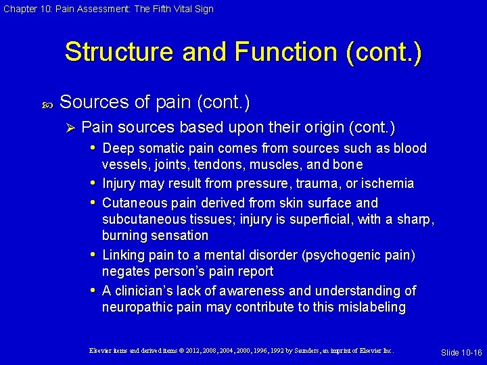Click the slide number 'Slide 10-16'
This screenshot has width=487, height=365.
point(461,353)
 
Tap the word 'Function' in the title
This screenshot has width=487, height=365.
point(292,52)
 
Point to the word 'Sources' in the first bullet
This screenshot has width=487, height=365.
point(93,102)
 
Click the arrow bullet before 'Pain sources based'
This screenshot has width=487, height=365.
point(68,127)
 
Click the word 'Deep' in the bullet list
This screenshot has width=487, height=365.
point(118,148)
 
